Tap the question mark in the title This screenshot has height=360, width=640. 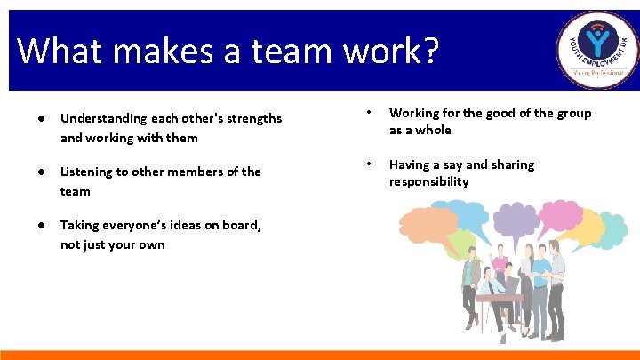(430, 51)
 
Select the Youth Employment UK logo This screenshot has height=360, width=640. (597, 51)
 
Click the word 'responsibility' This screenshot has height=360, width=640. (428, 181)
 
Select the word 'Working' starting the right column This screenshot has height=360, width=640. (414, 113)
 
